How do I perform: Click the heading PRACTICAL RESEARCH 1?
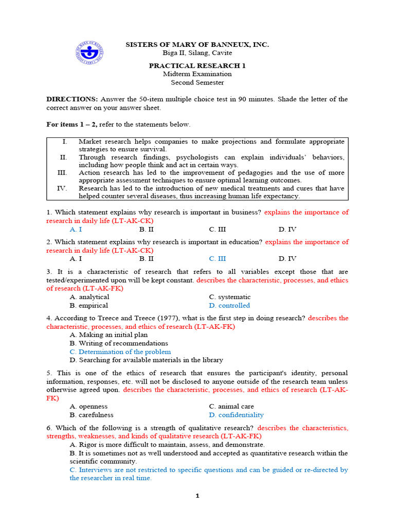(197, 66)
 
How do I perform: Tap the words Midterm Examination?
(197, 74)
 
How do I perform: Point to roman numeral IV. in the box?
(62, 188)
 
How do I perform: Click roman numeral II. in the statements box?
(63, 157)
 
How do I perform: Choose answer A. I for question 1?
(76, 230)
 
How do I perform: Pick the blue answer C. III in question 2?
(217, 259)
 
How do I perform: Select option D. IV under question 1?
(288, 230)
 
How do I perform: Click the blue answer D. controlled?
(229, 306)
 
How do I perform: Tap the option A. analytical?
(89, 297)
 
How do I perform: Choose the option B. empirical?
(89, 306)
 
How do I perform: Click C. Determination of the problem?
(120, 352)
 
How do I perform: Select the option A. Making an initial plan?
(109, 335)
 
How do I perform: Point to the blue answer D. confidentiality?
(236, 415)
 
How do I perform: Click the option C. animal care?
(231, 407)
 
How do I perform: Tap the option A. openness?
(88, 407)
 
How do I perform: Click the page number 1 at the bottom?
(196, 496)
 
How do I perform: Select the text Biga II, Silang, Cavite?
(197, 53)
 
